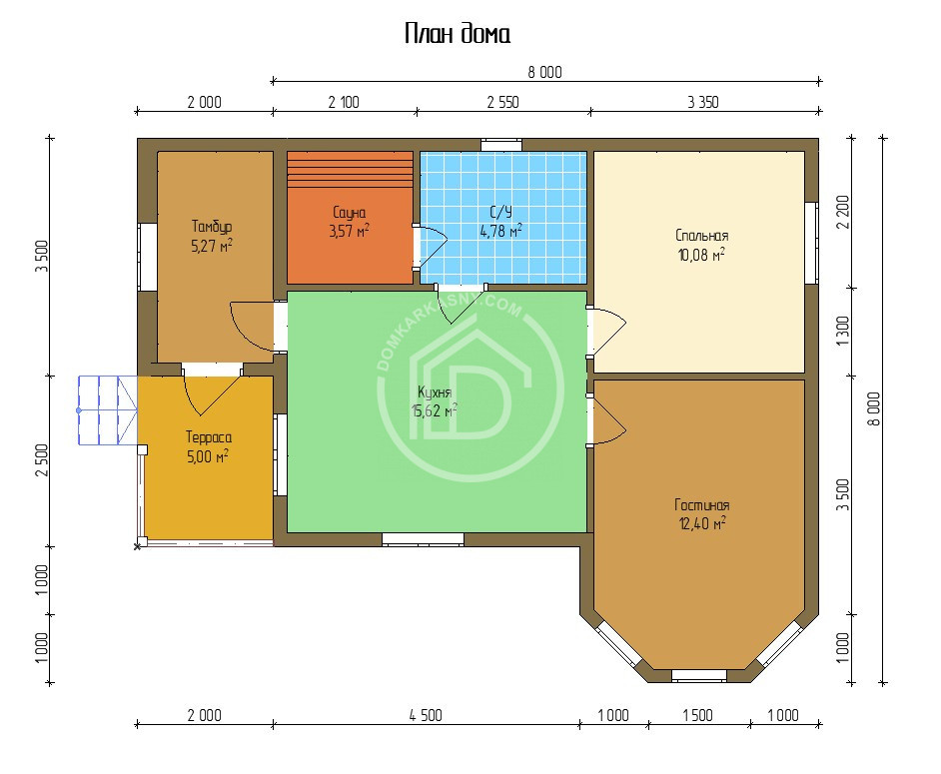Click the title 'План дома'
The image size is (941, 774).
458,34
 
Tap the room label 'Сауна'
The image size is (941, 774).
349,213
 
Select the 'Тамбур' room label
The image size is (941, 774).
211,226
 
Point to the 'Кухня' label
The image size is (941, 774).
434,392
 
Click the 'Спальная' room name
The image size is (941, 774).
701,236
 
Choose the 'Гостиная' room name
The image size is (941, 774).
701,505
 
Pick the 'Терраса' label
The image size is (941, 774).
208,436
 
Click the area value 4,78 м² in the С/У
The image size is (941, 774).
500,231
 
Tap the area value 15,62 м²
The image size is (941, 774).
434,410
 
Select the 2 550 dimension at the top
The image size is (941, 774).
502,103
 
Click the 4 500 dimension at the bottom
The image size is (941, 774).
426,715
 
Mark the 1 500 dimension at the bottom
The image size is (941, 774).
697,715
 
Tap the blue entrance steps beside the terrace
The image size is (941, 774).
108,410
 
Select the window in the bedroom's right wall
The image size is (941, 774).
811,243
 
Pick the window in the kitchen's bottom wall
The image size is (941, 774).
424,539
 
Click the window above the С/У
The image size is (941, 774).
501,145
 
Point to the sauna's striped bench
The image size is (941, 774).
350,169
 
